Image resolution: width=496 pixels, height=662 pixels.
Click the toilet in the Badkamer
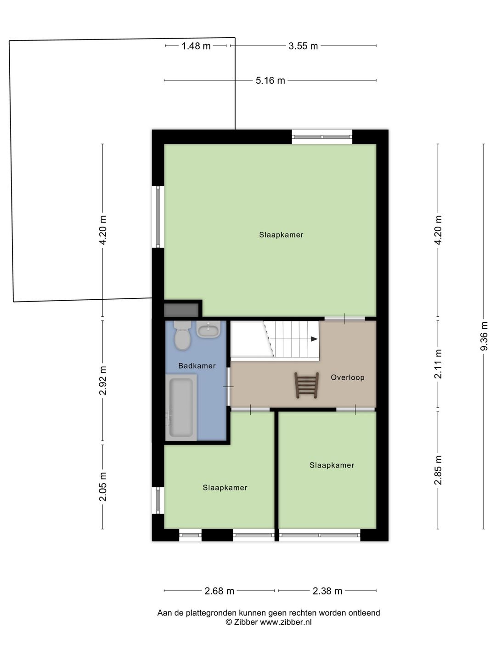tap(182, 335)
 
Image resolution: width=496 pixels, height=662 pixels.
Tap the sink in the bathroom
tap(209, 329)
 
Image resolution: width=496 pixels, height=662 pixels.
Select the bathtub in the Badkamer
tap(181, 407)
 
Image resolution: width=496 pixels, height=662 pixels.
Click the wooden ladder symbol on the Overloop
tap(307, 385)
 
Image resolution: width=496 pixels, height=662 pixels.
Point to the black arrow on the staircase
tap(314, 339)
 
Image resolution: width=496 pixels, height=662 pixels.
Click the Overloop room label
tap(348, 377)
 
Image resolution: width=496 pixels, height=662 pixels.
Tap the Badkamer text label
tap(197, 366)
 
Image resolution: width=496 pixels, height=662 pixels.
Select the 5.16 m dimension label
tap(270, 80)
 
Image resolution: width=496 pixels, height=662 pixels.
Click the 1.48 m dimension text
tap(196, 46)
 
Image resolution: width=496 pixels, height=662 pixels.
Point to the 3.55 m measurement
tap(303, 46)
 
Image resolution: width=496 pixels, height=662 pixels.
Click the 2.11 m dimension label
tap(438, 364)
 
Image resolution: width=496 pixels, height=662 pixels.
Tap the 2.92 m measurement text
tap(103, 380)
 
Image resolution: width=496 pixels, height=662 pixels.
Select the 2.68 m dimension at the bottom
tap(219, 591)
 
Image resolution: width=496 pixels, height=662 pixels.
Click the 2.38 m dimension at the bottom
tap(327, 591)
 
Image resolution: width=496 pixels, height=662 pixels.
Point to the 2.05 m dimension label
tap(103, 487)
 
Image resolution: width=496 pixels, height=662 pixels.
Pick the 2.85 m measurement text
tap(438, 470)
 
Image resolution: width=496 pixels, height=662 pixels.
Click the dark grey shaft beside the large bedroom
tap(181, 310)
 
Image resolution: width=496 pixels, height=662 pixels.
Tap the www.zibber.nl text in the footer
tap(286, 622)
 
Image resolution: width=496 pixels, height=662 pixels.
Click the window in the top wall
tap(322, 137)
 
